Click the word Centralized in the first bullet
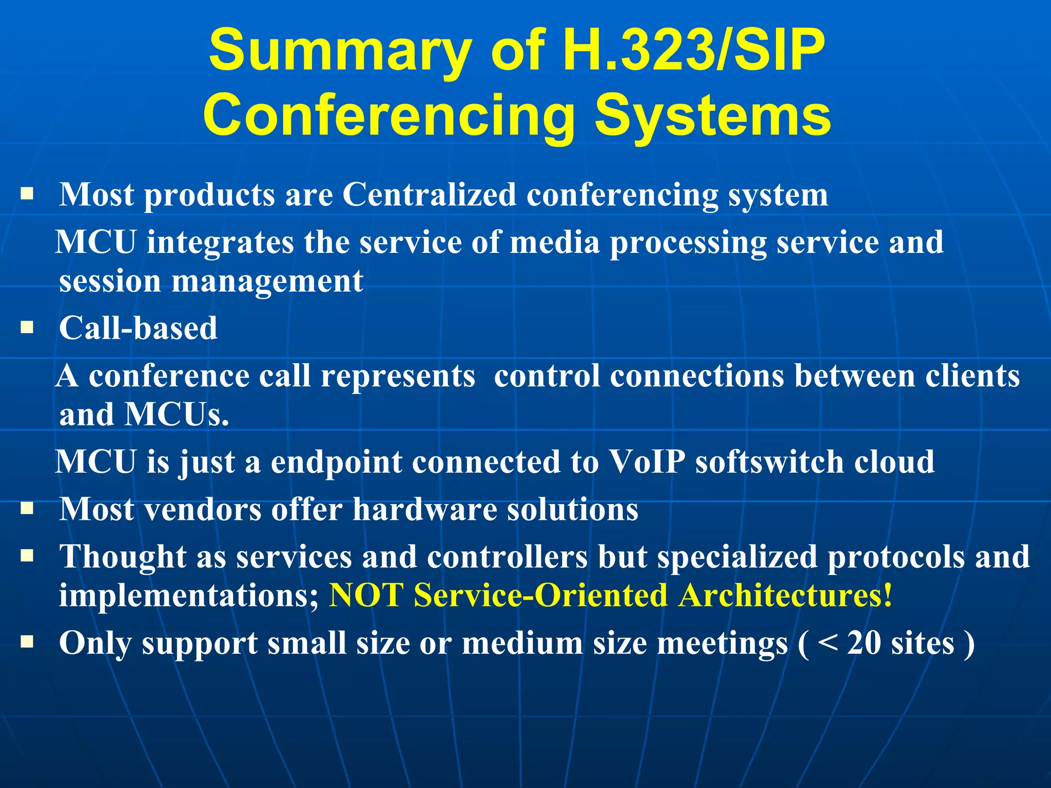(x=429, y=195)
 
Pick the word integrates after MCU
(x=220, y=242)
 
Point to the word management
(x=267, y=282)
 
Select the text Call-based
(x=138, y=328)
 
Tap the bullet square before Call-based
(x=27, y=327)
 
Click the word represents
(x=398, y=376)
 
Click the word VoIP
(x=647, y=461)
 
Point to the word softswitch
(x=769, y=461)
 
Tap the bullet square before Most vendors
(x=27, y=508)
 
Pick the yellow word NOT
(x=366, y=596)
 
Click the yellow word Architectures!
(x=785, y=596)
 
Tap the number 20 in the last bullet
(x=864, y=643)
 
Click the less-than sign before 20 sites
(x=827, y=643)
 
